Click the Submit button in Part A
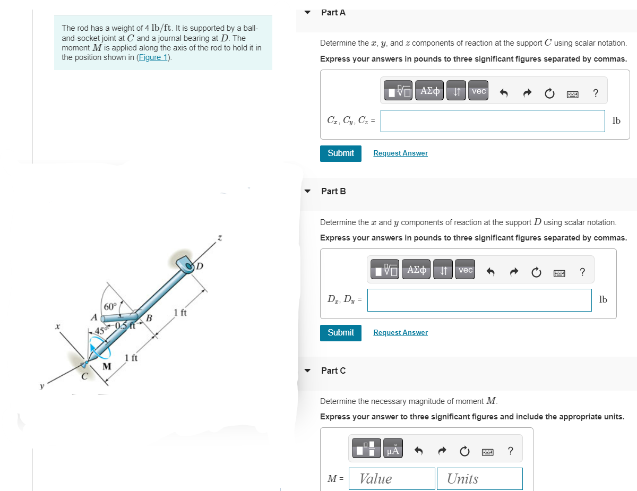[x=341, y=153]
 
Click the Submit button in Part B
[x=341, y=333]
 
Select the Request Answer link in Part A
[x=400, y=153]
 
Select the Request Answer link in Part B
[x=400, y=333]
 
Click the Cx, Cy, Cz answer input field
[x=493, y=121]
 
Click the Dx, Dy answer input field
[x=479, y=300]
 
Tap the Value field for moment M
[x=392, y=478]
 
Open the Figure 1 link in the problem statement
[x=153, y=57]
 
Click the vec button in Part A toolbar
[x=479, y=91]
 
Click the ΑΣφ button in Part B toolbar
[x=416, y=270]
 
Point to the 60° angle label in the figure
[x=110, y=306]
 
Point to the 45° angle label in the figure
[x=96, y=332]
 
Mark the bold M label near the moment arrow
[x=107, y=366]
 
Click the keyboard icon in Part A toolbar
[x=572, y=94]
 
